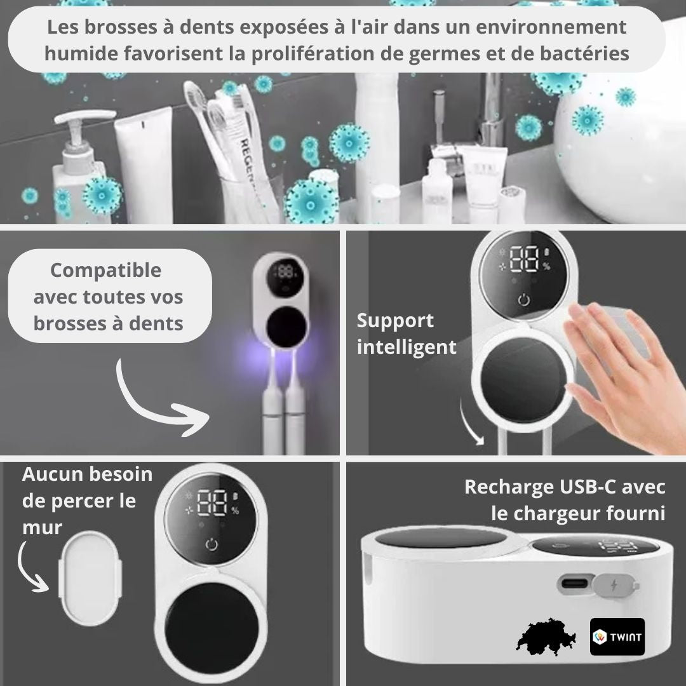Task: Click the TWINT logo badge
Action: coord(617,636)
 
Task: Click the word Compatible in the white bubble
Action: coord(106,270)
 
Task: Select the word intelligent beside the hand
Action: coord(407,347)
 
